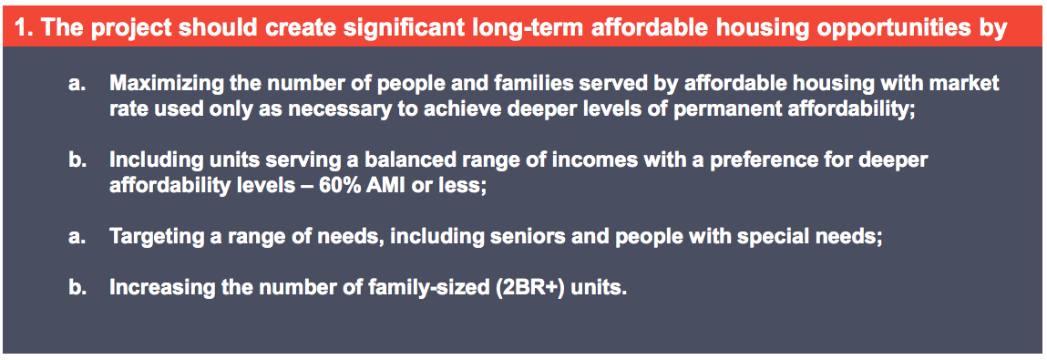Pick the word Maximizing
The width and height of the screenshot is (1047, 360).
158,84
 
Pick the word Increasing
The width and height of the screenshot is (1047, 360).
154,288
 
